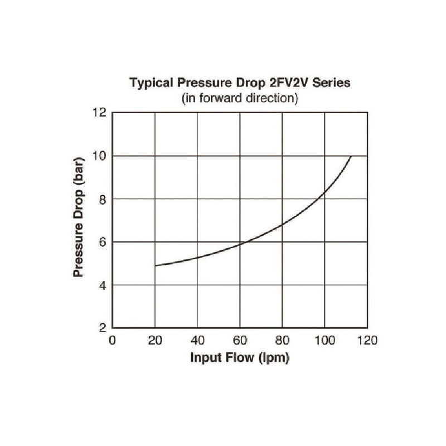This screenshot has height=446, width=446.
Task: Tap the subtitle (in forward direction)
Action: coord(240,98)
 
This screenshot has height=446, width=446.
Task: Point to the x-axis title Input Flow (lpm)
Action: coord(240,358)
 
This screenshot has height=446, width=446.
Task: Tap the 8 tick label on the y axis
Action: coord(102,199)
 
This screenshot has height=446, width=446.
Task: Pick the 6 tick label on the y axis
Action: coord(102,242)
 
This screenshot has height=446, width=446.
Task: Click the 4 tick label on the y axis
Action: coord(102,285)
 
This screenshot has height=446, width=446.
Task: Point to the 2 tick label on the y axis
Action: coord(102,328)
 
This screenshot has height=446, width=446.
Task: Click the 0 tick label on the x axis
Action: coord(113,341)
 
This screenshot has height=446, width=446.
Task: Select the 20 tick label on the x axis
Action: coord(155,341)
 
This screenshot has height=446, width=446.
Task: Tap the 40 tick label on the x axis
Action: coord(197,341)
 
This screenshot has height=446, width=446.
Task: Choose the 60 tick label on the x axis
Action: coord(240,341)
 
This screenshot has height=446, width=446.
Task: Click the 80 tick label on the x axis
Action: coord(282,341)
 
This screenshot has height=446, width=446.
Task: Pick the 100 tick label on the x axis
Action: coord(324,341)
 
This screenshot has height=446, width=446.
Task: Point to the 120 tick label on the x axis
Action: coord(367,341)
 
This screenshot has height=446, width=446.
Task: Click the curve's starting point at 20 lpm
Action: coord(156,265)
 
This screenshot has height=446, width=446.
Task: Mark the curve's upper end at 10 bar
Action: coord(351,157)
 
